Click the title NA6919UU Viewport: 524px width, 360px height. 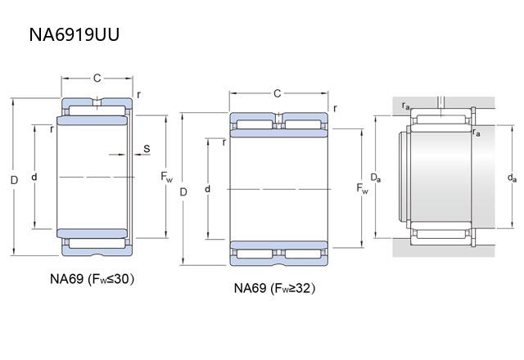point(78,35)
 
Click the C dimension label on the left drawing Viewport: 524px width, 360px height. point(97,79)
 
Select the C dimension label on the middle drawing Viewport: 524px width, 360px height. point(277,93)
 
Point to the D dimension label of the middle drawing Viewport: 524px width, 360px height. point(183,191)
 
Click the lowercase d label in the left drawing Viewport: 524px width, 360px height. point(34,177)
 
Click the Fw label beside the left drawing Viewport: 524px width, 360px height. point(166,177)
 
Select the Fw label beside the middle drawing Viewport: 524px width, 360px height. point(361,189)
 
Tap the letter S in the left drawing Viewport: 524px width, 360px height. point(147,148)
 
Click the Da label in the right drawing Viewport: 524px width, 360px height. point(374,177)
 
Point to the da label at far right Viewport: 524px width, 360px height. point(512,177)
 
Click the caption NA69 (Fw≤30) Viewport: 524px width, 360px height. point(92,278)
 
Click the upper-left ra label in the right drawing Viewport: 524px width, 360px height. point(406,106)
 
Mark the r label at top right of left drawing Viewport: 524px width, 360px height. point(138,94)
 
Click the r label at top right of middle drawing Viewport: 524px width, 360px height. point(336,106)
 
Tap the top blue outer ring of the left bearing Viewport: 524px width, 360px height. point(97,107)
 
